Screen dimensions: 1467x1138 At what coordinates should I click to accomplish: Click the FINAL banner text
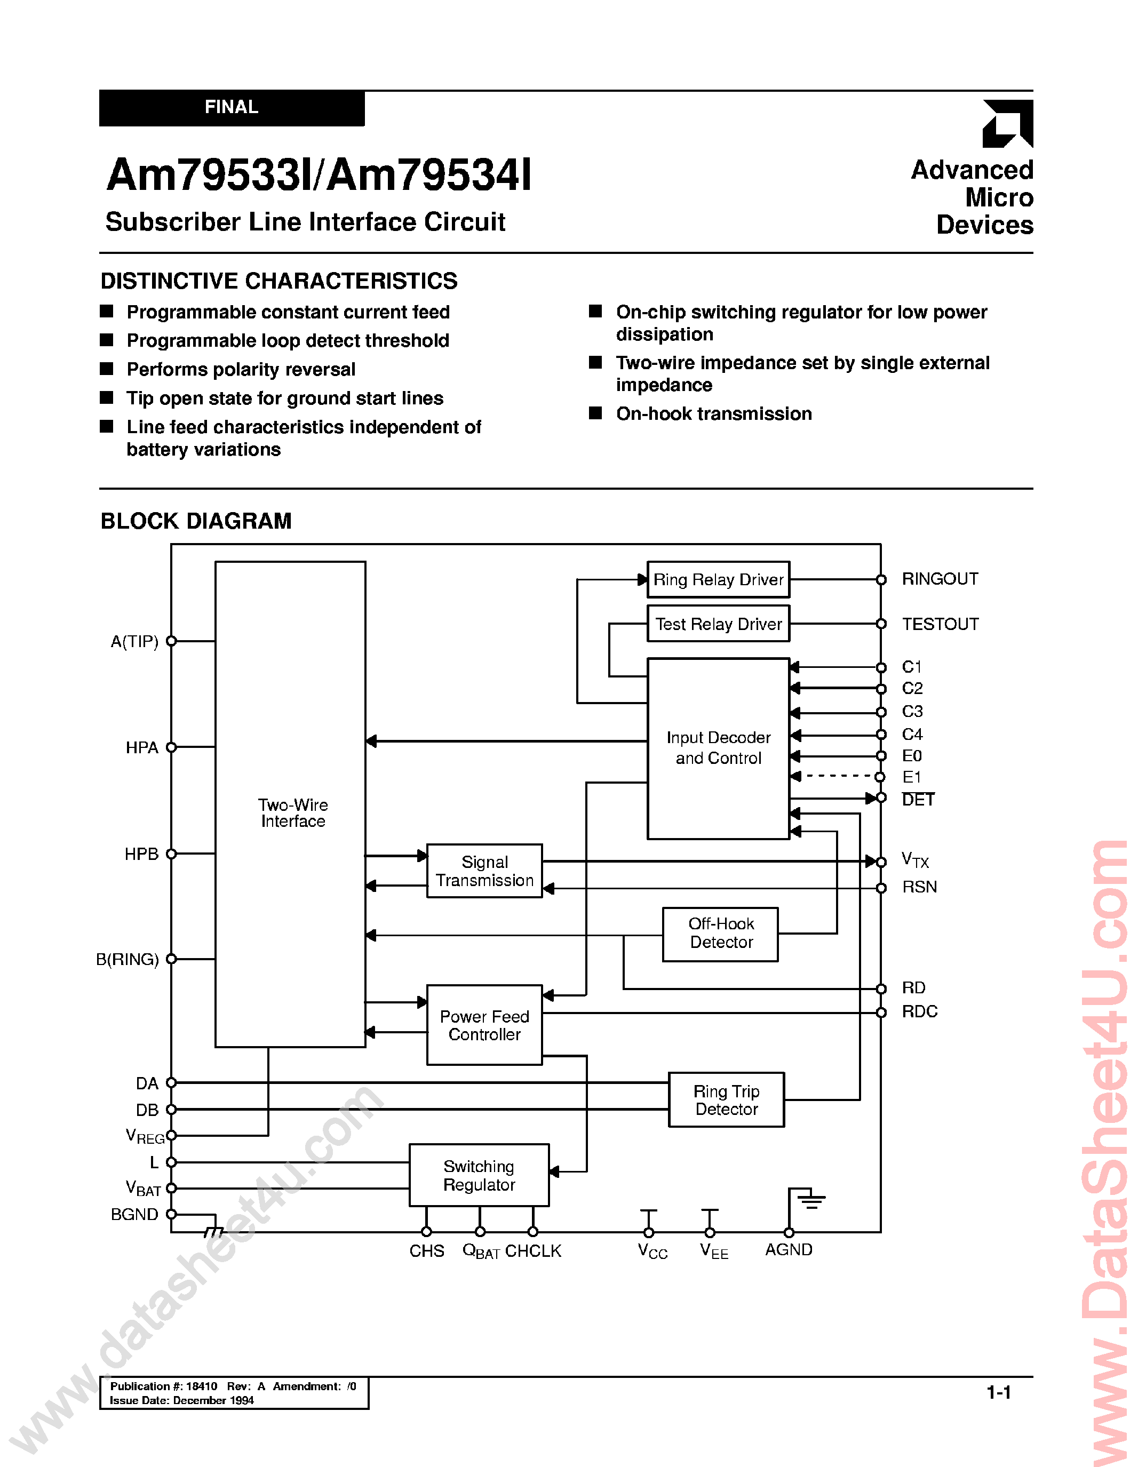click(x=231, y=107)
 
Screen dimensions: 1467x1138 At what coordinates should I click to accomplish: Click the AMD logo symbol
click(x=1007, y=124)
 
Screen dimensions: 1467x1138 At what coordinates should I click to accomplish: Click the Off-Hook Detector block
click(x=720, y=934)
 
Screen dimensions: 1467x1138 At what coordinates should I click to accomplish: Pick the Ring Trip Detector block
click(x=726, y=1099)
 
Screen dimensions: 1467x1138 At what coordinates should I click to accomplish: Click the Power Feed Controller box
click(x=484, y=1025)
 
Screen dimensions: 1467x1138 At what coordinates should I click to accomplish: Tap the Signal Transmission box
click(x=484, y=871)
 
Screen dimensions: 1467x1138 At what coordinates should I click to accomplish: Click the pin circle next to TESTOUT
click(x=881, y=624)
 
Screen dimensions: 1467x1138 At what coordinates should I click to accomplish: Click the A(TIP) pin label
click(x=134, y=641)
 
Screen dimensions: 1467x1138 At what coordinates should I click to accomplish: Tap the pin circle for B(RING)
click(x=171, y=959)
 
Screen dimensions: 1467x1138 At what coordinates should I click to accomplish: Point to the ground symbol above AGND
click(x=811, y=1200)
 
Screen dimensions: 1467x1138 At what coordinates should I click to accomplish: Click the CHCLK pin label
click(x=533, y=1251)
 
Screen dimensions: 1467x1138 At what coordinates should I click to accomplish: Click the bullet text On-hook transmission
click(x=713, y=414)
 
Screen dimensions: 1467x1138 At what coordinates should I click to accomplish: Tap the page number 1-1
click(x=998, y=1392)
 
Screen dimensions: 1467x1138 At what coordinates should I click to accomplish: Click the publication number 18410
click(x=202, y=1386)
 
